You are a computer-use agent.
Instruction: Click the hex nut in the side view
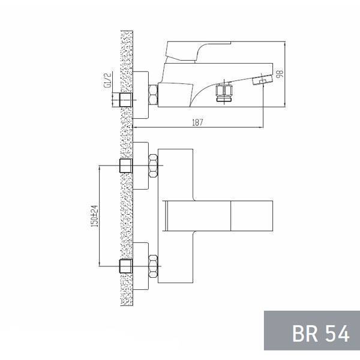click(x=154, y=96)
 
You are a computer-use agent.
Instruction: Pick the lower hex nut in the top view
click(x=154, y=266)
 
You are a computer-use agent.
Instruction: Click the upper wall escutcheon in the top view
click(x=140, y=166)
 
